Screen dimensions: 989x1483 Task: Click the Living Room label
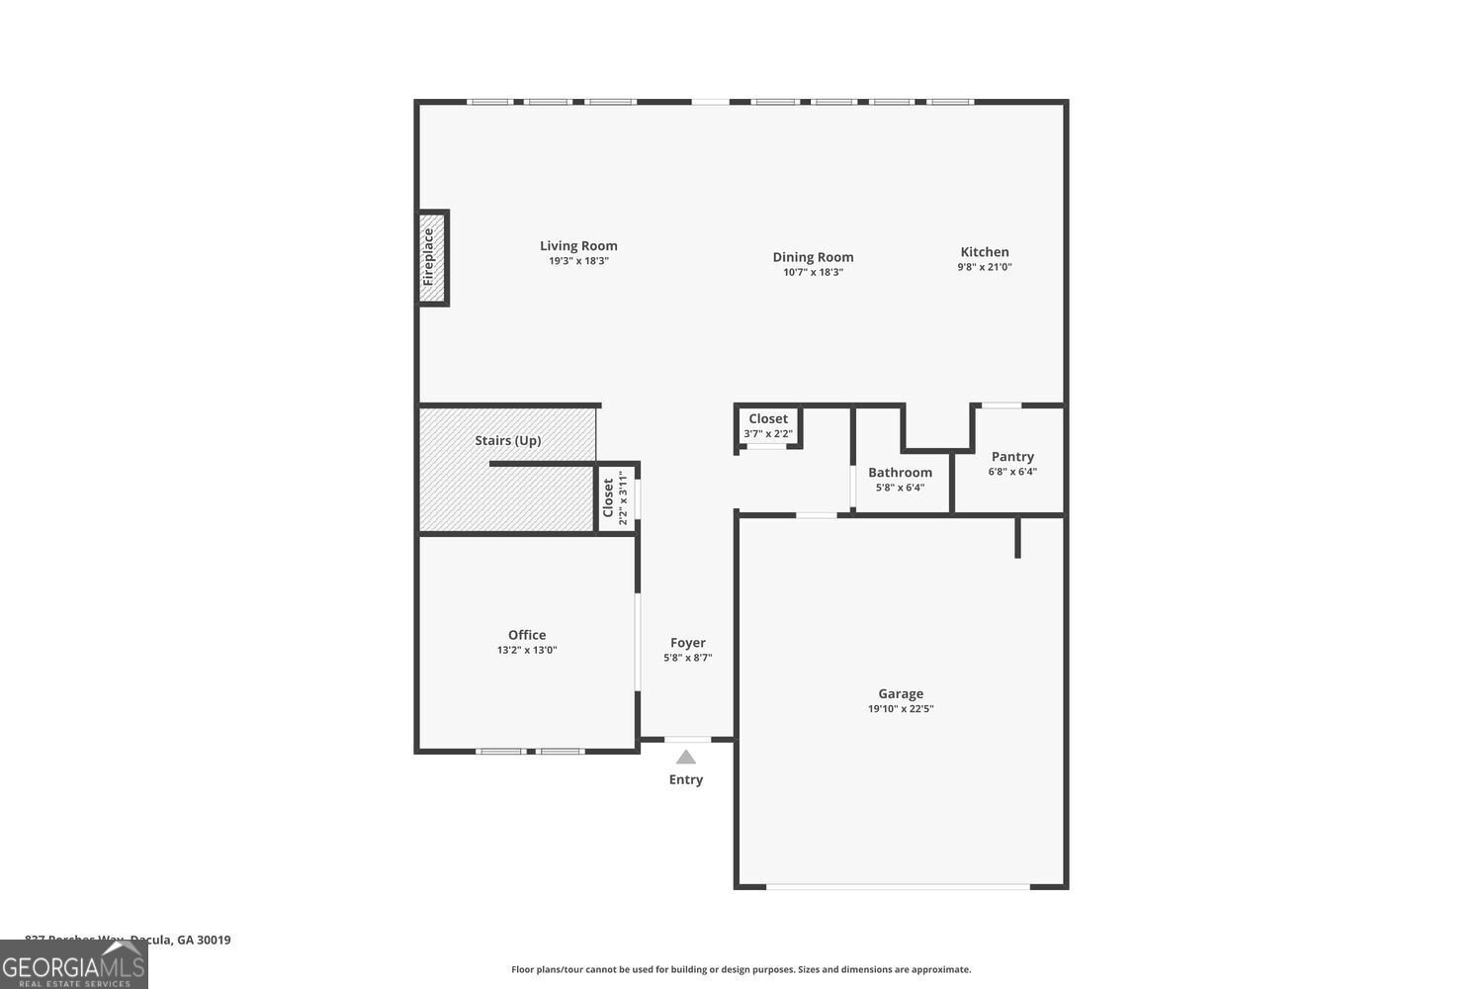click(x=578, y=246)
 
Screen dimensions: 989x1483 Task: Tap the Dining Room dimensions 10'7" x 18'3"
click(x=813, y=272)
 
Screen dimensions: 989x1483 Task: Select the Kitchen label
click(x=985, y=252)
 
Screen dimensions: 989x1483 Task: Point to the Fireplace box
click(x=432, y=257)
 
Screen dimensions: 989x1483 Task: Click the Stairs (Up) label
click(x=507, y=440)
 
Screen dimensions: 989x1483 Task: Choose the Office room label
click(x=527, y=635)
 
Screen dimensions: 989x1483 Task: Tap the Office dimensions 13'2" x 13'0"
click(x=527, y=650)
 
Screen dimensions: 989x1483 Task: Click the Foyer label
click(x=688, y=643)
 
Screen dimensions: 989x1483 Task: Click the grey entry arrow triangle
click(x=685, y=758)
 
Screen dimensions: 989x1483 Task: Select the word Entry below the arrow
click(x=685, y=779)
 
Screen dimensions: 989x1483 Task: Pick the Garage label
click(x=901, y=694)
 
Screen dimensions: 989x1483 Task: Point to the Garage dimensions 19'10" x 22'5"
click(x=901, y=708)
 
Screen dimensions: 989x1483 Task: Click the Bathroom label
click(x=900, y=473)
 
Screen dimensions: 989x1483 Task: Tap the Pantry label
click(x=1012, y=457)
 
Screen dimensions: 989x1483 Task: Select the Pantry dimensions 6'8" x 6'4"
click(x=1012, y=472)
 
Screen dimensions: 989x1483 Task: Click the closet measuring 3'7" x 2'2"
click(x=768, y=426)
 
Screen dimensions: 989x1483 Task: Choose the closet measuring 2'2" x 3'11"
click(x=616, y=497)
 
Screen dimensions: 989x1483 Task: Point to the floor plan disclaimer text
click(x=741, y=970)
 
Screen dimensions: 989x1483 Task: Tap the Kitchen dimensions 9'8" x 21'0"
click(x=985, y=267)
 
